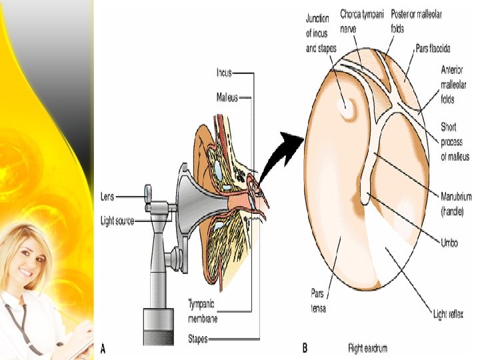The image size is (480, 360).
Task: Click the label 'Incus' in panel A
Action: point(224,72)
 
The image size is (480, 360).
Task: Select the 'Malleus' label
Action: point(227,97)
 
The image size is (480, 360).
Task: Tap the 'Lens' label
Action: point(108,197)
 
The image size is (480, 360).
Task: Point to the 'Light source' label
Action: point(117,220)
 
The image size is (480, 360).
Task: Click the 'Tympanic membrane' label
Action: point(203,311)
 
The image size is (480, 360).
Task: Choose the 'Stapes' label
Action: point(198,339)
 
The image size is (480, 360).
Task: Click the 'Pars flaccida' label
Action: point(433,49)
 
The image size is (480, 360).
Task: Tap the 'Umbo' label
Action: point(449,243)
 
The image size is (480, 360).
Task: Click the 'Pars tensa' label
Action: point(317,300)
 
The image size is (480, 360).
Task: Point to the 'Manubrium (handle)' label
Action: point(456,204)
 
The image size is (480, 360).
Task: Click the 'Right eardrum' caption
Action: point(367,347)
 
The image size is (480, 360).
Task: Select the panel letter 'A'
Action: point(103,347)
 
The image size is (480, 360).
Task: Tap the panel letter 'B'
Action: point(305,347)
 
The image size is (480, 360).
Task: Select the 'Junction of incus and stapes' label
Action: point(321,33)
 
